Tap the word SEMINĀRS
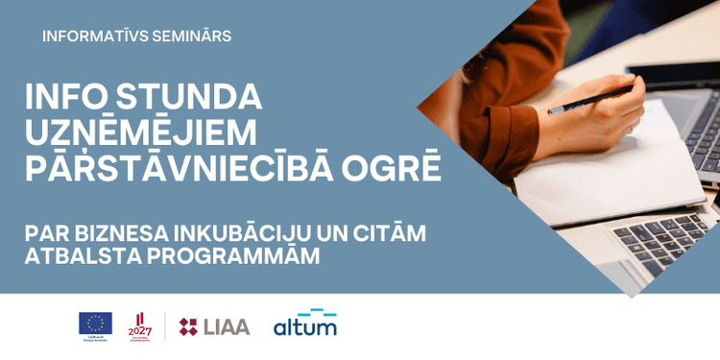click(x=196, y=36)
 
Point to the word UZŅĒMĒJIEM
click(x=141, y=132)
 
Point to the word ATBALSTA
click(x=80, y=256)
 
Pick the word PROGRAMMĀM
click(x=229, y=256)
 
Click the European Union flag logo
click(x=95, y=324)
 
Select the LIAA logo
click(x=214, y=326)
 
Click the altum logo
click(x=305, y=324)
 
